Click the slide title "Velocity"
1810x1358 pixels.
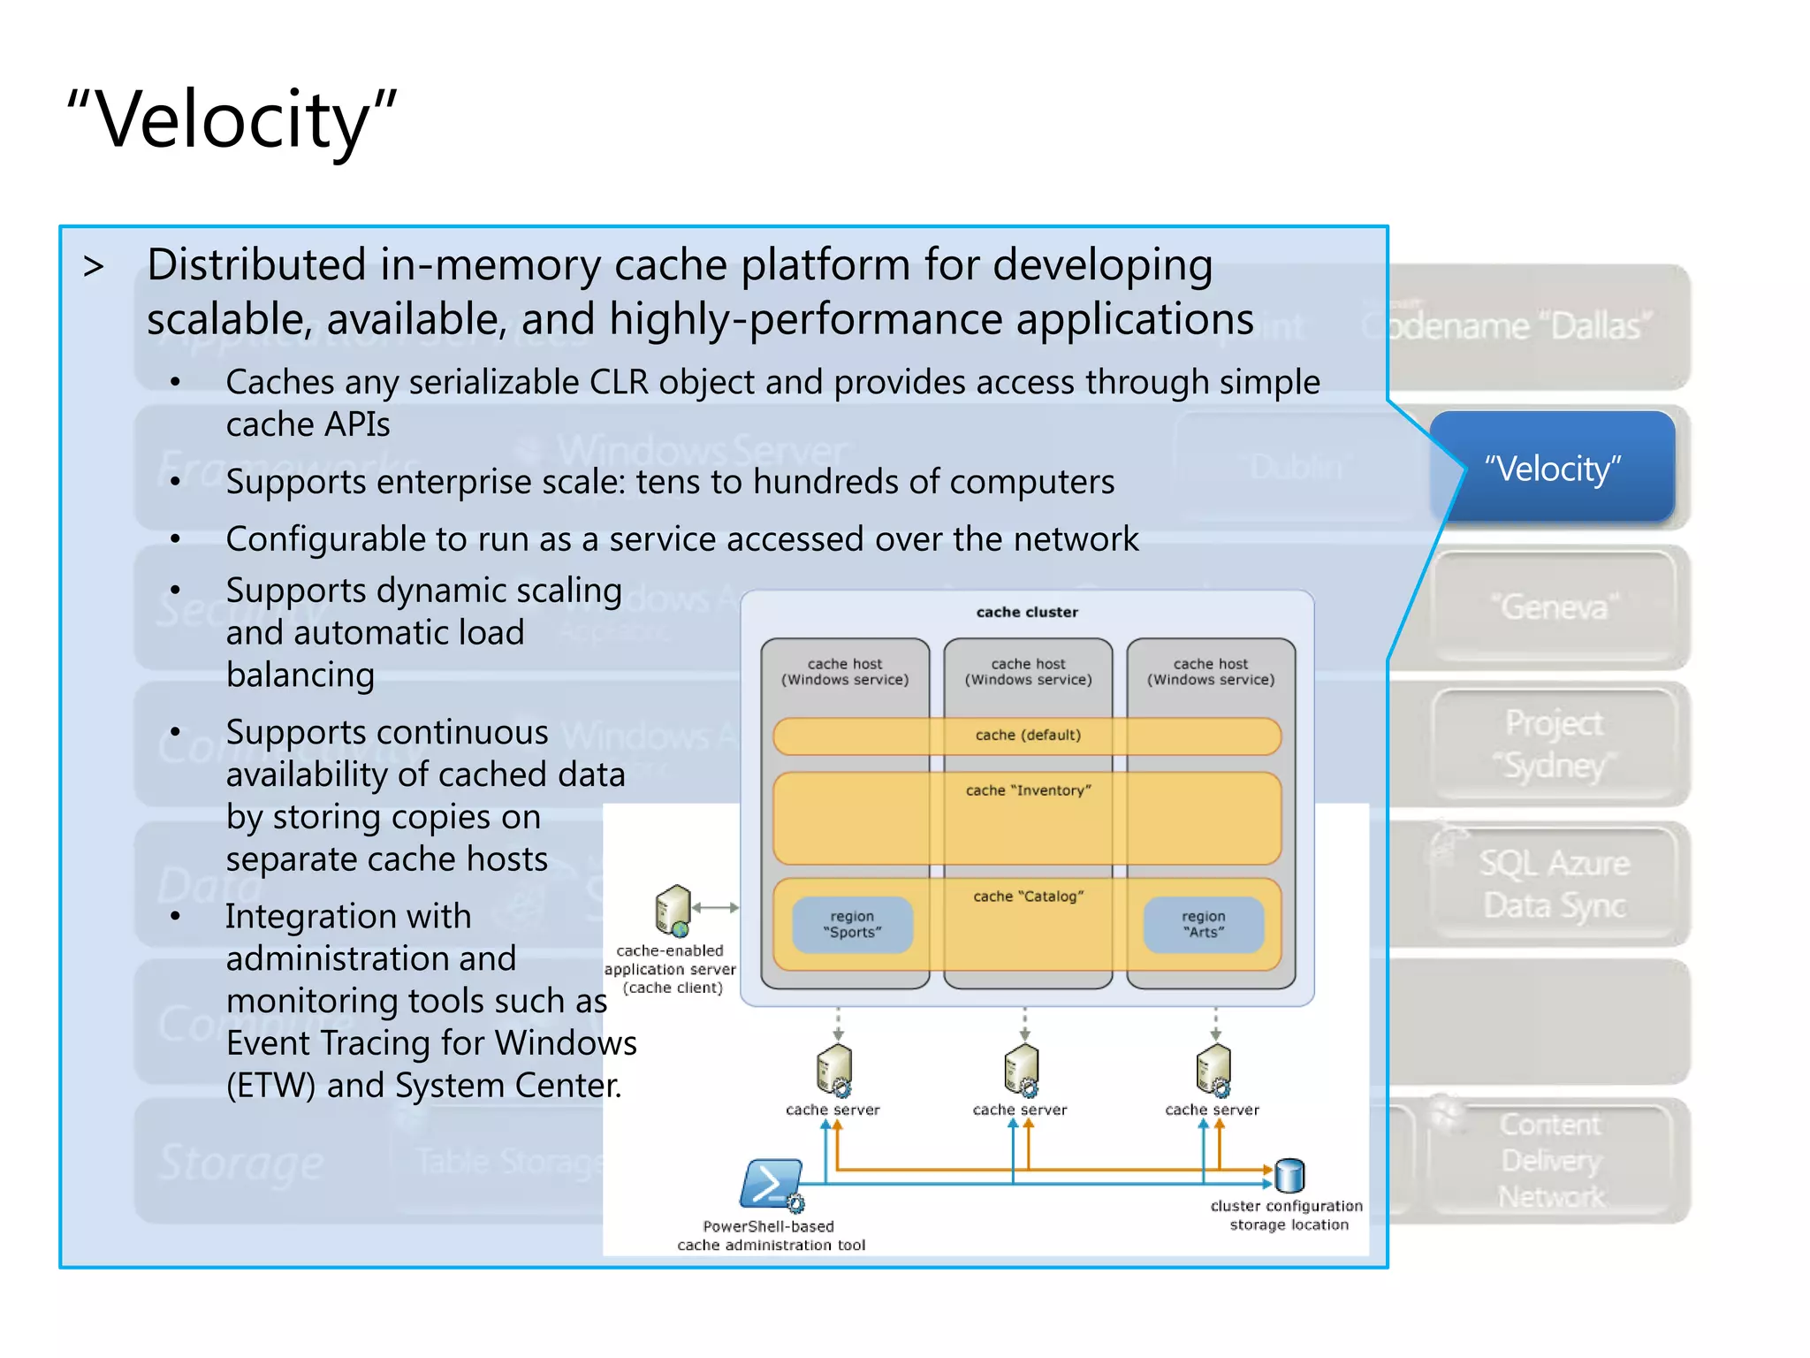click(x=232, y=119)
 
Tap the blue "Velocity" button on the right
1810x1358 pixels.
click(x=1552, y=468)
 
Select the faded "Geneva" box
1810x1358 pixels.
click(x=1554, y=607)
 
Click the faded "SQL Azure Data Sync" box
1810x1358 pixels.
click(x=1554, y=884)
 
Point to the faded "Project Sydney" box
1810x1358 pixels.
click(x=1554, y=744)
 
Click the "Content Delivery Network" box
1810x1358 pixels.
click(x=1552, y=1160)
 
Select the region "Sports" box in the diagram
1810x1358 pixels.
click(x=852, y=925)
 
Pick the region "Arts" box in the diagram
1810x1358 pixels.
click(x=1203, y=925)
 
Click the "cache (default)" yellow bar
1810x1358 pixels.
click(x=1027, y=736)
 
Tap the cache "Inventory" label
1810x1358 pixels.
click(x=1028, y=790)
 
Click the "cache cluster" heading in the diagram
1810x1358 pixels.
click(x=1027, y=612)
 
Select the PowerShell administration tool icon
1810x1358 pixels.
click(x=771, y=1184)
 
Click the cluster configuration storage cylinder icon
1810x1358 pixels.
click(x=1289, y=1175)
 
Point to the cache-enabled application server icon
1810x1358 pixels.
click(x=673, y=910)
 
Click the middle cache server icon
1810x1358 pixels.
click(x=1022, y=1070)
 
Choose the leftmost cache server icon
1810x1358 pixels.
click(x=834, y=1070)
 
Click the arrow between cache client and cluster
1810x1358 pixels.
click(x=716, y=907)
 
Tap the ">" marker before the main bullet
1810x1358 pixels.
click(x=94, y=266)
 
